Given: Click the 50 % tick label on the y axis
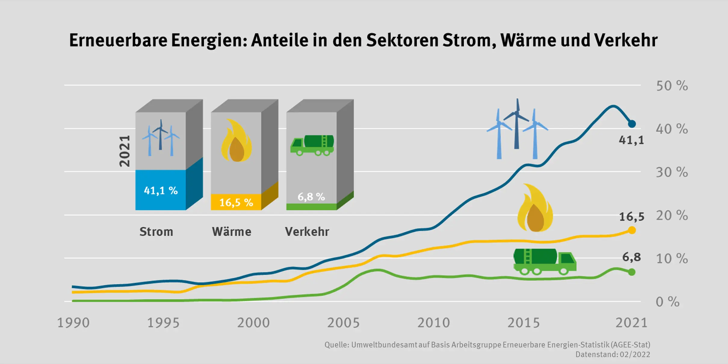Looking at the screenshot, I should click(x=672, y=86).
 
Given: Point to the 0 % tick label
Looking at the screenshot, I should click(x=668, y=302).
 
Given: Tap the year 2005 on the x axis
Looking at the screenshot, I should click(x=343, y=323).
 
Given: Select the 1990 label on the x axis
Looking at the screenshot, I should click(x=73, y=323).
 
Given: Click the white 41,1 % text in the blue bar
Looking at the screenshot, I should click(x=161, y=190).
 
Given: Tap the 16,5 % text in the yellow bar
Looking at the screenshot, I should click(x=236, y=202).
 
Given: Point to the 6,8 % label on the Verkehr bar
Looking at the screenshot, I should click(x=311, y=197).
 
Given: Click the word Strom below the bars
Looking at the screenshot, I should click(x=156, y=232).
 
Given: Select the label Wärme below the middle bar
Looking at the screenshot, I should click(x=231, y=232).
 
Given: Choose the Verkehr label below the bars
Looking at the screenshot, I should click(x=307, y=232).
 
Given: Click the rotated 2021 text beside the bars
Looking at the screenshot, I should click(x=125, y=151).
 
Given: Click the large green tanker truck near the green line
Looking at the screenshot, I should click(x=544, y=261).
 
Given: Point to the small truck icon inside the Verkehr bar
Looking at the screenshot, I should click(x=312, y=145).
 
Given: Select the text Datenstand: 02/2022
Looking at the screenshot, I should click(x=612, y=354).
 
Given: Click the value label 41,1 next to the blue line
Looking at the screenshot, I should click(x=631, y=140).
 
